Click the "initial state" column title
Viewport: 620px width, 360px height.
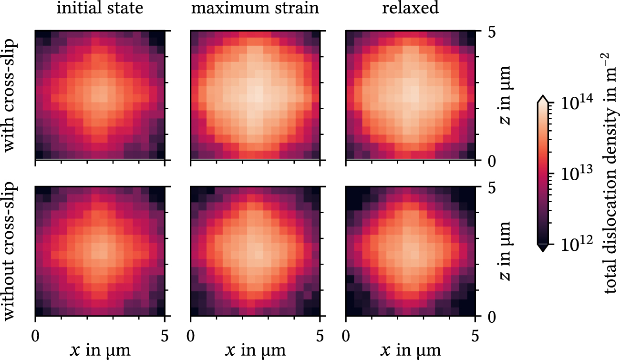[100, 9]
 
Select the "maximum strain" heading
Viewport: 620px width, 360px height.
[255, 9]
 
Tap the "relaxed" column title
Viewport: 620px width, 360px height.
[410, 9]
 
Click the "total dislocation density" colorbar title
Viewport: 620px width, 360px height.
[612, 175]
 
